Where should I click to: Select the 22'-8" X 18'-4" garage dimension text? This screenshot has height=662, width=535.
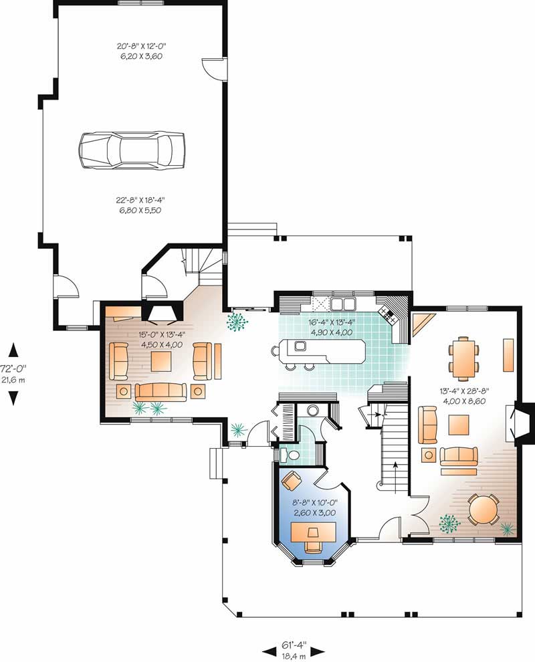(140, 205)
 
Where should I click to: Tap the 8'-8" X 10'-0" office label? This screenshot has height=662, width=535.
(314, 508)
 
